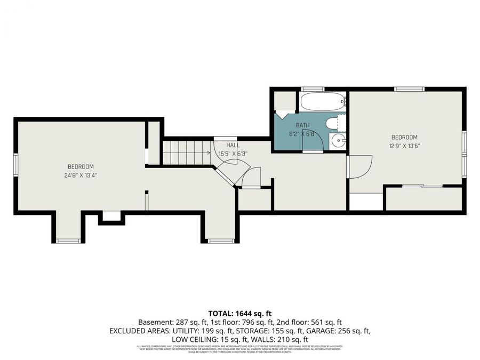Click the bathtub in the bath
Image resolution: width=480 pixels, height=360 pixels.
[322, 101]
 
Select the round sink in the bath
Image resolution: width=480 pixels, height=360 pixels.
[338, 141]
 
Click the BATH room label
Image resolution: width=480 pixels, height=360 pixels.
[303, 125]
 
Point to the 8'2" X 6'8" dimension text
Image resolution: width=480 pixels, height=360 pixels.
[303, 134]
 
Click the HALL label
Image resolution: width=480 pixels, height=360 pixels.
[233, 145]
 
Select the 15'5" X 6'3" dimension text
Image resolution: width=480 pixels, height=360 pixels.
[233, 154]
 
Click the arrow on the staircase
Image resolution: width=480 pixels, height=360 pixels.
[207, 153]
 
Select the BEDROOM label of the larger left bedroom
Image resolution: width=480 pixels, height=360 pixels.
[81, 166]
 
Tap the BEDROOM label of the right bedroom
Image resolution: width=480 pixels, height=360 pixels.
[404, 137]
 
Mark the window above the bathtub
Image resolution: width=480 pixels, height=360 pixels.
[313, 89]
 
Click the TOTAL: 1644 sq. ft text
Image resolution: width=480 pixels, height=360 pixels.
[239, 314]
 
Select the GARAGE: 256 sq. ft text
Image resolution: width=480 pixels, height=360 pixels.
[342, 331]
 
